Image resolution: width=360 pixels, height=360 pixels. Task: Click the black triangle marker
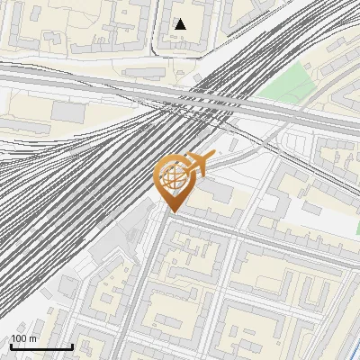[x=181, y=24]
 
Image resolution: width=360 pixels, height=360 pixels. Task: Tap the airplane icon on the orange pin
[x=201, y=163]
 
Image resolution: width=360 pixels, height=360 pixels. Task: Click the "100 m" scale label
[x=22, y=338]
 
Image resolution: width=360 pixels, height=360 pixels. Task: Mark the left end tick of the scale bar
[x=10, y=346]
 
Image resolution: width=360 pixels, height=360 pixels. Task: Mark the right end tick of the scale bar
[x=73, y=346]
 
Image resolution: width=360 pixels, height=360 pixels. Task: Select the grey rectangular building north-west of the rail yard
[x=68, y=112]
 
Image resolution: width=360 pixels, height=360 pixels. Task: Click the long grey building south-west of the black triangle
[x=126, y=36]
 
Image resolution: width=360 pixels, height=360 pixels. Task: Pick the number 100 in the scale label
[x=19, y=338]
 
